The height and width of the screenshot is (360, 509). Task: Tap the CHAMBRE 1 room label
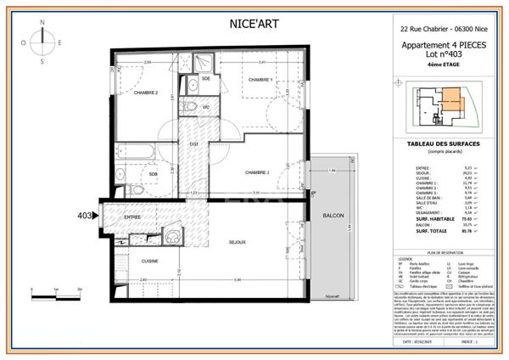point(260,80)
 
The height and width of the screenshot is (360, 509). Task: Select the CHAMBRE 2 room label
point(146,93)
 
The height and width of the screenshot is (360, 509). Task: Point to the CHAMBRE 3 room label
point(256,172)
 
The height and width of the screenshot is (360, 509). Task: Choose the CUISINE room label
point(150,261)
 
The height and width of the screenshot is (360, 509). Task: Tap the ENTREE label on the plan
point(132,217)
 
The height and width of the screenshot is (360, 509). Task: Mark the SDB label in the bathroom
point(154,174)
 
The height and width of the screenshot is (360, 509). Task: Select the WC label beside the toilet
point(206,108)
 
